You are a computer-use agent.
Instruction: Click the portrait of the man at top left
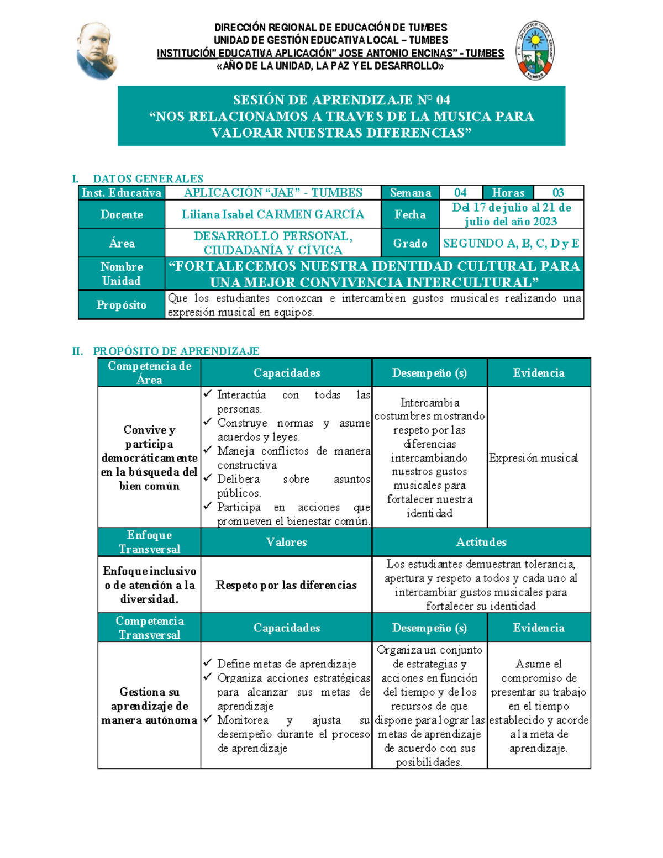[97, 51]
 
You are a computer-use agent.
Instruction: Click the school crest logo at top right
[535, 51]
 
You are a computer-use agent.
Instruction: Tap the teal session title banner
[341, 116]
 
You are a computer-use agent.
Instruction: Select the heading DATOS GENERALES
[148, 178]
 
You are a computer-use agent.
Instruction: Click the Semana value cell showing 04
[460, 192]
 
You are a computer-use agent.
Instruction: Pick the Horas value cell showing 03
[558, 192]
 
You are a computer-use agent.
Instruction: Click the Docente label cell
[122, 214]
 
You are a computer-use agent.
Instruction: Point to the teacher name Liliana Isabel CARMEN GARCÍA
[273, 214]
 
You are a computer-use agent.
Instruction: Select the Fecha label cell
[410, 214]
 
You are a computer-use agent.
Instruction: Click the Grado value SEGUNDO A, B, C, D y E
[511, 243]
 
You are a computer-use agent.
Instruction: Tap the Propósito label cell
[122, 305]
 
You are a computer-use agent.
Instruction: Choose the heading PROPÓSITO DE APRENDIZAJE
[176, 351]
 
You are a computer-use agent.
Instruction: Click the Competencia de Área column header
[149, 373]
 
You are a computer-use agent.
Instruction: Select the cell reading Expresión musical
[534, 457]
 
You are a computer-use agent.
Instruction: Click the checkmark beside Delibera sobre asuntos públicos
[208, 477]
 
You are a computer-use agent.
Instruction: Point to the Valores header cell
[286, 542]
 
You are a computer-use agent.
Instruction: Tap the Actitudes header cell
[481, 542]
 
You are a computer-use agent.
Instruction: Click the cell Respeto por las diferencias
[286, 585]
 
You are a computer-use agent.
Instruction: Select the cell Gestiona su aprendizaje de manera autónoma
[149, 706]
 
